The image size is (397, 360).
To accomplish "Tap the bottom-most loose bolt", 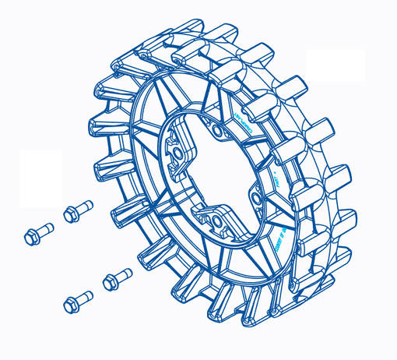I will pyautogui.click(x=77, y=298).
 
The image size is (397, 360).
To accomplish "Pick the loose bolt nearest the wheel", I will pyautogui.click(x=118, y=277).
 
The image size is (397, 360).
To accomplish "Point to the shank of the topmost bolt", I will pyautogui.click(x=83, y=207).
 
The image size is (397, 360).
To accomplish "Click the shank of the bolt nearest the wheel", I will pyautogui.click(x=124, y=274).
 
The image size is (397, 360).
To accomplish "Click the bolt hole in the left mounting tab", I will pyautogui.click(x=178, y=152).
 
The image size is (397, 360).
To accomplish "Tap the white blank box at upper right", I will pyautogui.click(x=336, y=65).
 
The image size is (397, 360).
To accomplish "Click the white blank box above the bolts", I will pyautogui.click(x=40, y=178).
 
